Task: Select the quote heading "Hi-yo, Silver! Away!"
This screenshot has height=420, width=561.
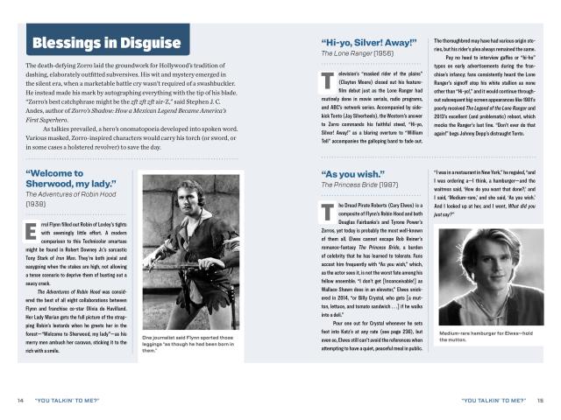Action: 371,41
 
